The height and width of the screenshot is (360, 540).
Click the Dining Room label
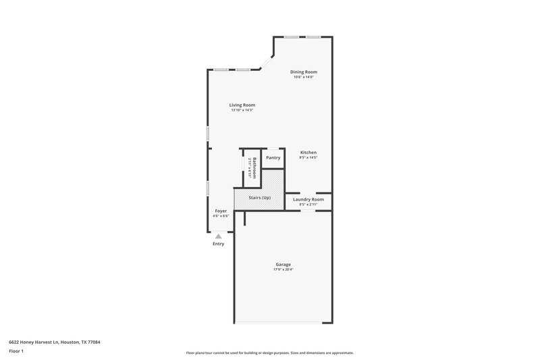tap(304, 72)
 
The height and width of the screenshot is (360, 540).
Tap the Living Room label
tap(242, 105)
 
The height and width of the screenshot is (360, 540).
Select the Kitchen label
tap(308, 152)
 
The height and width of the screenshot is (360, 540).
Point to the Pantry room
tap(273, 157)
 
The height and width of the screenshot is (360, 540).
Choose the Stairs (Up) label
tap(259, 197)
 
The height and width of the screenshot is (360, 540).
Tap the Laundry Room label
tap(308, 199)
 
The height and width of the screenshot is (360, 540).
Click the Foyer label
tap(220, 211)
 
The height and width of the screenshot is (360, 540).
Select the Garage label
tap(283, 264)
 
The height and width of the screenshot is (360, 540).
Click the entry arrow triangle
tap(218, 236)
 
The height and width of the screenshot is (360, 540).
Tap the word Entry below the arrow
tap(218, 244)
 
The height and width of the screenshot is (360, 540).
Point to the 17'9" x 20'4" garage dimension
tap(283, 269)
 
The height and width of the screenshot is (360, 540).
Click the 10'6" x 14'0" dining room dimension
tap(304, 77)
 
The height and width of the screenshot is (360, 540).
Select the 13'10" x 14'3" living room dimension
tap(242, 110)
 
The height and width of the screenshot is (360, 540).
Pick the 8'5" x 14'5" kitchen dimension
tap(308, 157)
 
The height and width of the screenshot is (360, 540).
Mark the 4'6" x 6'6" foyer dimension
tap(220, 216)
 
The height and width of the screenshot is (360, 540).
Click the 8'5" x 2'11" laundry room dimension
tap(308, 204)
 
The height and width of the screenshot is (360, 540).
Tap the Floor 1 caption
tap(16, 352)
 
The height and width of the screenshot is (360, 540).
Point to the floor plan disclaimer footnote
tap(269, 353)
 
